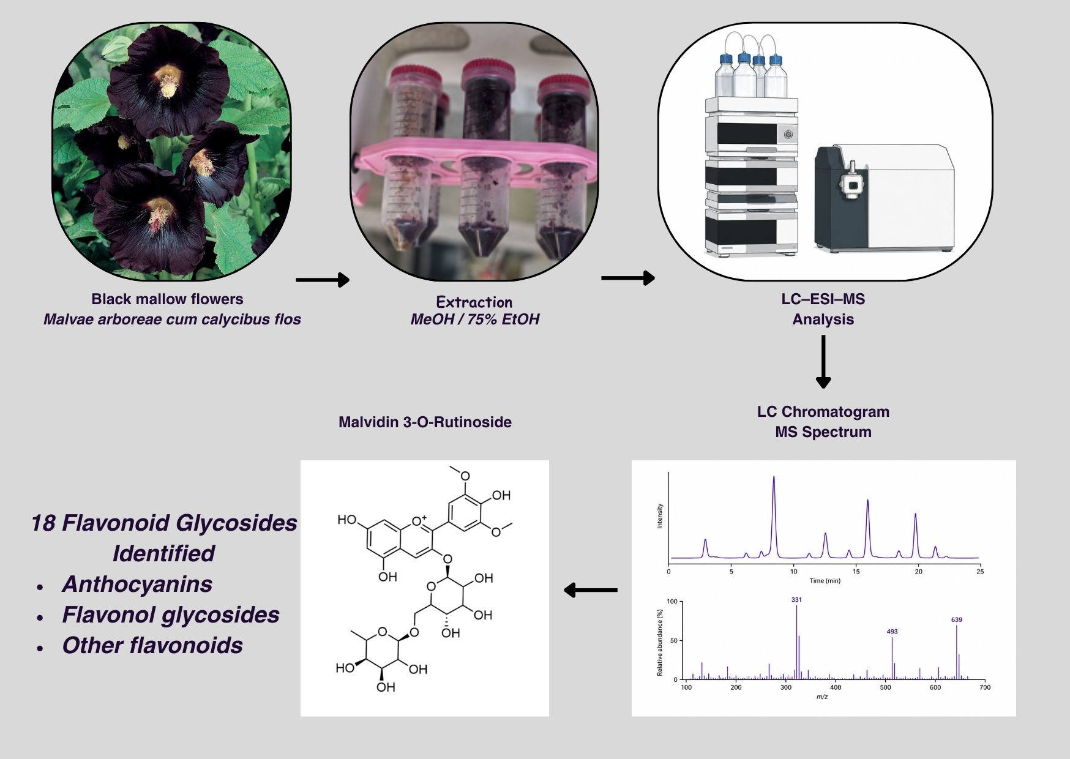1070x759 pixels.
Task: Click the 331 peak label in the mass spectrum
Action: [796, 600]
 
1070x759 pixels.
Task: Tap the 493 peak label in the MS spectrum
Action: [892, 631]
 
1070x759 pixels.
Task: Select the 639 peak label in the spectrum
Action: [957, 619]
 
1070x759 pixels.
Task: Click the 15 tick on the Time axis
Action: [856, 572]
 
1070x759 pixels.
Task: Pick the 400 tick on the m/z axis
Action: [836, 687]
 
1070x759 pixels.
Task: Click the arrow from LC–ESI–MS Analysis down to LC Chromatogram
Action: [823, 362]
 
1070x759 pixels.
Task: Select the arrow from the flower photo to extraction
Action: [323, 280]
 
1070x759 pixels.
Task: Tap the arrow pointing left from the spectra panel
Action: [590, 590]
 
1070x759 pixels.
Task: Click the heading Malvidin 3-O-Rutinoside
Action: [425, 422]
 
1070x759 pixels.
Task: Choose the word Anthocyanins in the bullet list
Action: [137, 584]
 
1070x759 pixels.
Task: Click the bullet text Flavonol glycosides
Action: [171, 615]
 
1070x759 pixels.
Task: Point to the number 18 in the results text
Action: [43, 523]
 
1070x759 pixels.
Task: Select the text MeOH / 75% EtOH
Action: [474, 319]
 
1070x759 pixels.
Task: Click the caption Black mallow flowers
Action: [167, 299]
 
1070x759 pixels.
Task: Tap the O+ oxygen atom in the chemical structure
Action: [419, 521]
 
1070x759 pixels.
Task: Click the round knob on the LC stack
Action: [788, 133]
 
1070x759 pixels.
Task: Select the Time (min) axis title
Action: [825, 580]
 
